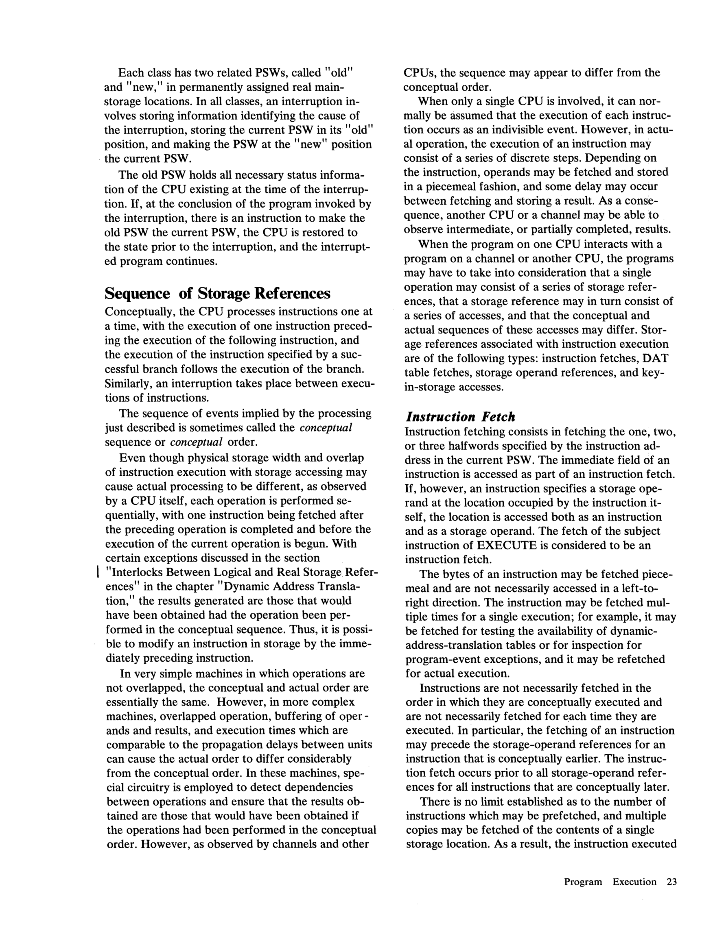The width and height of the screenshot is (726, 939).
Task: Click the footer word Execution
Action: [634, 882]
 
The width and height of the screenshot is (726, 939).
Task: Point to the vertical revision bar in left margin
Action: [98, 572]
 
